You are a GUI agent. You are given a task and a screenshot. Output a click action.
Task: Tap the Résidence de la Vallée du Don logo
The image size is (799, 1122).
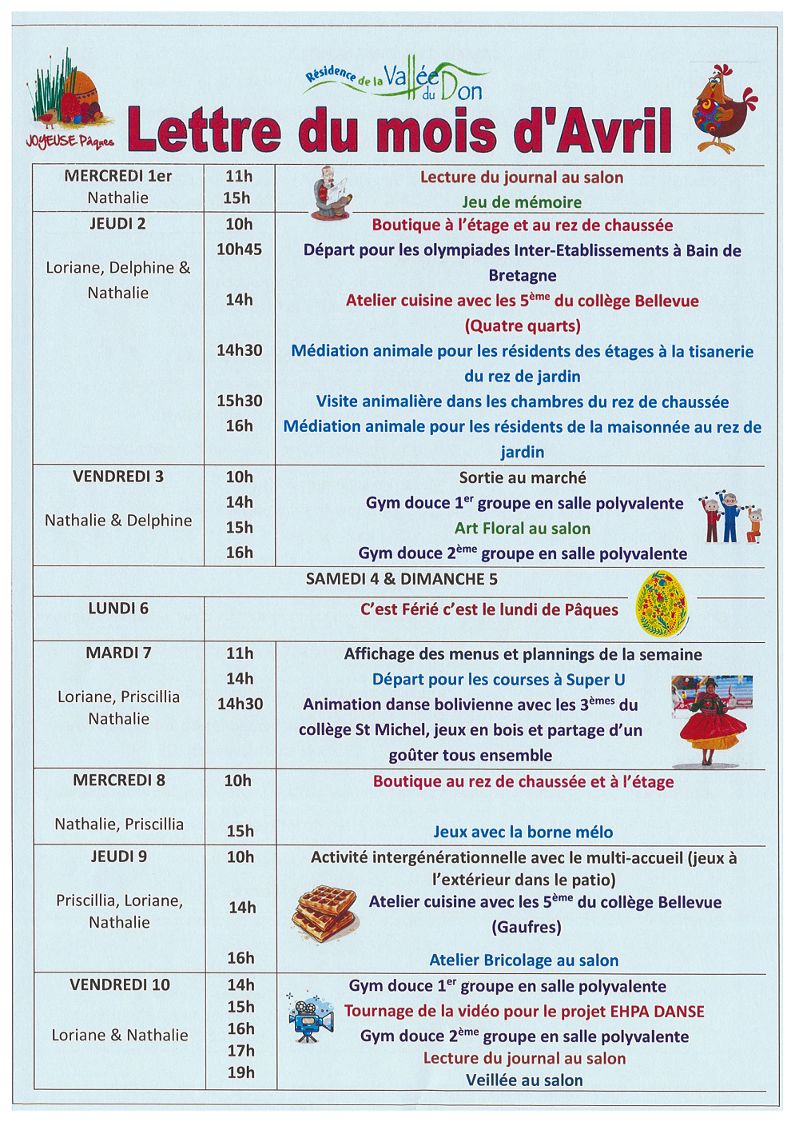click(x=396, y=81)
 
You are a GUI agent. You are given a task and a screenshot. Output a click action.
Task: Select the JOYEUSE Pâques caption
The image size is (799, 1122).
click(x=70, y=142)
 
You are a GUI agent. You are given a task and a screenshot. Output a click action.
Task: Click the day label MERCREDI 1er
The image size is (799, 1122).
click(x=117, y=176)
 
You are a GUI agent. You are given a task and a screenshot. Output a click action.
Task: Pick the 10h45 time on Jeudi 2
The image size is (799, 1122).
click(x=239, y=250)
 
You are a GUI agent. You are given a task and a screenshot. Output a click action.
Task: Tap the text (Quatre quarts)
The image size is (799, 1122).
click(x=523, y=325)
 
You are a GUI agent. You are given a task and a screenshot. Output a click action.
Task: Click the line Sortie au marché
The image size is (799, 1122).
click(x=523, y=477)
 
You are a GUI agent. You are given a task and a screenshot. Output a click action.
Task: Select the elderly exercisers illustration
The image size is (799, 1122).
click(x=731, y=518)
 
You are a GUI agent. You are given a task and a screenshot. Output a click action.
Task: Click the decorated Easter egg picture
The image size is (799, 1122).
click(x=662, y=604)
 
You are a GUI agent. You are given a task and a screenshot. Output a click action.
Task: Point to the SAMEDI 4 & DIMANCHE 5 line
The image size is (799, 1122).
click(x=401, y=579)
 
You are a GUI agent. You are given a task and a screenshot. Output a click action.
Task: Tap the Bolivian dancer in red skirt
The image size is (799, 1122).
click(x=711, y=720)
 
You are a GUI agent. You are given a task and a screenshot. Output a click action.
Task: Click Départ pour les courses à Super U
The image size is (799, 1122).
click(x=499, y=680)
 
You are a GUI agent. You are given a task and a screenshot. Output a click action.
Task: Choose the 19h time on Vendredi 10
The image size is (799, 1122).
click(x=240, y=1072)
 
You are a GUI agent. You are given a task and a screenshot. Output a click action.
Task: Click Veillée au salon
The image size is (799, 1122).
click(x=524, y=1080)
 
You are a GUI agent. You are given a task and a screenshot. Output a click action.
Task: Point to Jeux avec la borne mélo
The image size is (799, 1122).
click(x=523, y=832)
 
